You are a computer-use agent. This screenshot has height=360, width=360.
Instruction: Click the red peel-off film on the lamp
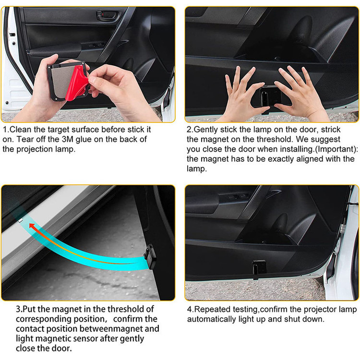pyautogui.click(x=77, y=84)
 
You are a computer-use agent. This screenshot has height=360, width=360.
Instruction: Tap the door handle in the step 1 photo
pyautogui.click(x=108, y=16)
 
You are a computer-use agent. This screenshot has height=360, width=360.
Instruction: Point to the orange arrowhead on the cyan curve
pyautogui.click(x=33, y=226)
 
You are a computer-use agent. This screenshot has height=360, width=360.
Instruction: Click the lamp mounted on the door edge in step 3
pyautogui.click(x=151, y=256)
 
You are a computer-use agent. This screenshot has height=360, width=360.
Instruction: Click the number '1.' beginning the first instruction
pyautogui.click(x=6, y=130)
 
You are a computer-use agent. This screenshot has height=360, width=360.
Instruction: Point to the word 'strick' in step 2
pyautogui.click(x=331, y=130)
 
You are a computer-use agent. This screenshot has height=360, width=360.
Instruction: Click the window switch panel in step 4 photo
pyautogui.click(x=234, y=197)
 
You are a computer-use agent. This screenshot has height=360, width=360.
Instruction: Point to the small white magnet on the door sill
pyautogui.click(x=20, y=220)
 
